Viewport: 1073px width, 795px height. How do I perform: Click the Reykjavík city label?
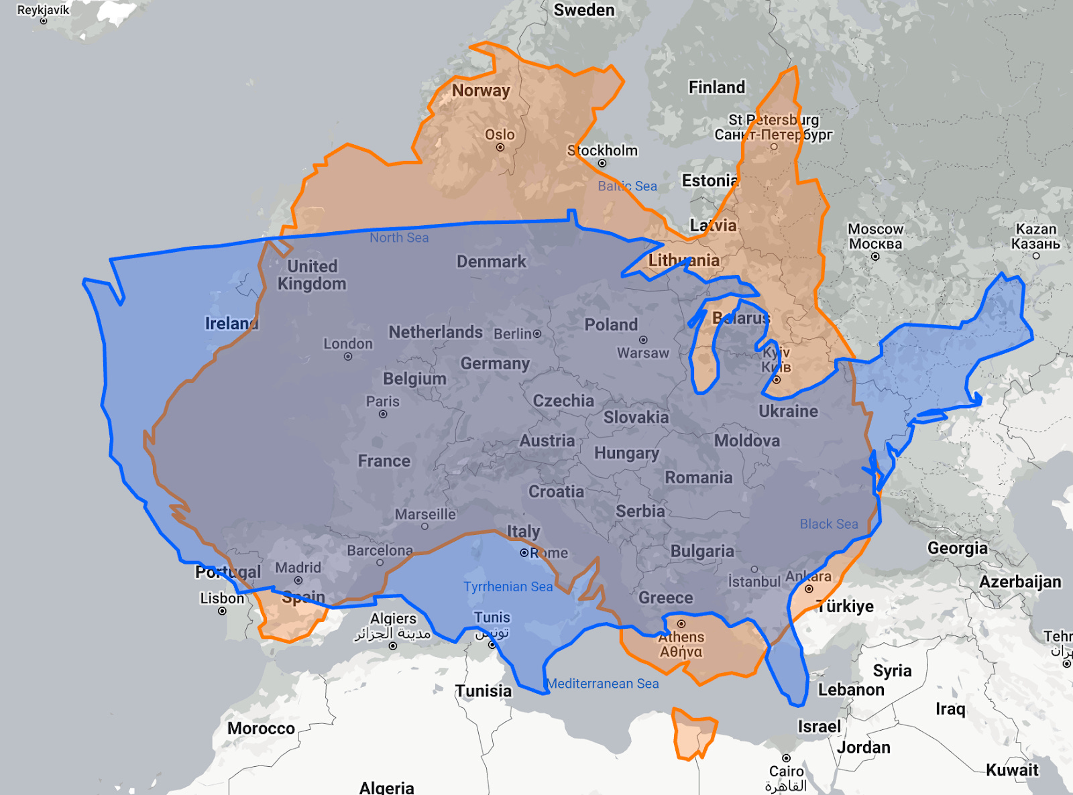(x=43, y=9)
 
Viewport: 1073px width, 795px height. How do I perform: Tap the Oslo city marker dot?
(x=500, y=147)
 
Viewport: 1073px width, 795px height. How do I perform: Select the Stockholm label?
(x=603, y=150)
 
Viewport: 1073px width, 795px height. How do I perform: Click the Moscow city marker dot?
(x=875, y=257)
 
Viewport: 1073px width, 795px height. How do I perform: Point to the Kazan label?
(x=1035, y=236)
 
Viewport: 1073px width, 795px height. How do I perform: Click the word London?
(x=348, y=343)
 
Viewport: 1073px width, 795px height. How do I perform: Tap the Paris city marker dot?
(x=383, y=414)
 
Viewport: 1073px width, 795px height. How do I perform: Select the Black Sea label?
(x=829, y=524)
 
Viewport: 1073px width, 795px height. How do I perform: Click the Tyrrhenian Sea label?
(x=508, y=587)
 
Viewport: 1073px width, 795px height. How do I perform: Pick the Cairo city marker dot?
(x=786, y=758)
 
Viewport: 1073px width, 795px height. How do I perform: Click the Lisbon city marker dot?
(x=222, y=611)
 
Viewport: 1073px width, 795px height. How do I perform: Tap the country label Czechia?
(x=563, y=401)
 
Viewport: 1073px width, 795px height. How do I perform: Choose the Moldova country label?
(x=747, y=440)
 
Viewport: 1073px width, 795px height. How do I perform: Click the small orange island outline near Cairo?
(x=694, y=735)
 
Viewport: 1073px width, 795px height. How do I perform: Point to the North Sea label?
(x=399, y=237)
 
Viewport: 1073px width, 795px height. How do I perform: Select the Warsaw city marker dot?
(x=643, y=340)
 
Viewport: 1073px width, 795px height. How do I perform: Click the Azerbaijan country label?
(x=1020, y=581)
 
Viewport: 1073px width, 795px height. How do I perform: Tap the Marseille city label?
(x=425, y=514)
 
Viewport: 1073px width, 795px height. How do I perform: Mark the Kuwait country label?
(x=1012, y=770)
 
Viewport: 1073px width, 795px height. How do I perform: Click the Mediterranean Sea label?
(x=603, y=683)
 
